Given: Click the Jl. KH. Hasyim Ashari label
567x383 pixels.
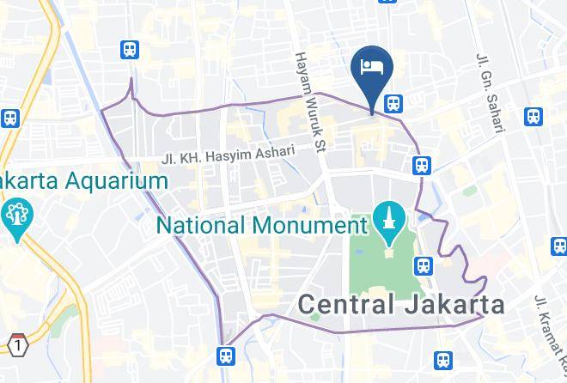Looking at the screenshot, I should tap(228, 155).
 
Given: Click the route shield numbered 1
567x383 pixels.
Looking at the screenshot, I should tap(17, 344).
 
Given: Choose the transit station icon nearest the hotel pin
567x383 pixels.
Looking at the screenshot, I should tap(393, 102).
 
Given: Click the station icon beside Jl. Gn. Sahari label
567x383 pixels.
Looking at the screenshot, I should tap(533, 116).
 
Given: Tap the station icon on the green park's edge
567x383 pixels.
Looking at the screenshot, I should tap(423, 265).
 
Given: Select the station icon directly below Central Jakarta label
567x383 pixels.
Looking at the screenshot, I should tap(443, 361).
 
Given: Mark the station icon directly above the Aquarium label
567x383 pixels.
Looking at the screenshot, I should tap(130, 50).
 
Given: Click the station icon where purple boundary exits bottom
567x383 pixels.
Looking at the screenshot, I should tap(226, 354).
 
